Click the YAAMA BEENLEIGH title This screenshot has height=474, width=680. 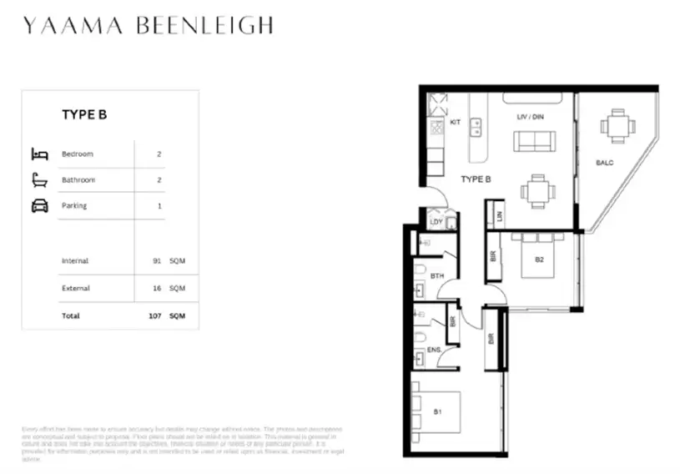(148, 26)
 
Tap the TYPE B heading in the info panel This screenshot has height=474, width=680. (84, 115)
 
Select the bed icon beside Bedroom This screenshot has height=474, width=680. (39, 154)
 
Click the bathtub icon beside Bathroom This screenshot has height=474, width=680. (39, 179)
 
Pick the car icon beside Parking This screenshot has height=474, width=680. (39, 205)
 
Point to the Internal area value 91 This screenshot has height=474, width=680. (158, 261)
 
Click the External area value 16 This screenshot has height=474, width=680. (158, 288)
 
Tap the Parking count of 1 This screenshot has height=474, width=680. (159, 205)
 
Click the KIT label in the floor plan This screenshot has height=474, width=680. (455, 123)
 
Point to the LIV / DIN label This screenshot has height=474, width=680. (531, 117)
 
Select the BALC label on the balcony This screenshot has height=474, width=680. (604, 163)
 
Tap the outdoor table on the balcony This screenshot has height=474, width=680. (617, 127)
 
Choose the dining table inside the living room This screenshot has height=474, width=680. (536, 190)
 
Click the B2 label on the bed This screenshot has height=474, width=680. (539, 260)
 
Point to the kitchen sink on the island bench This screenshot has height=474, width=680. (476, 126)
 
